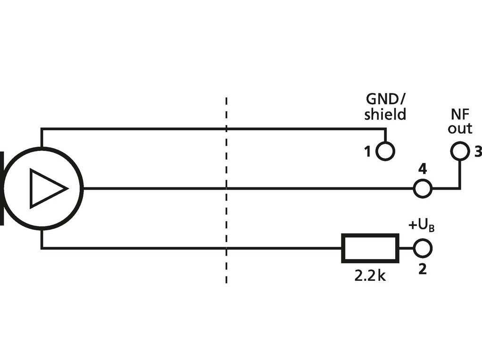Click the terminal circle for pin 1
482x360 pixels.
click(x=385, y=151)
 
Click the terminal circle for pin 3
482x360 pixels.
click(x=459, y=151)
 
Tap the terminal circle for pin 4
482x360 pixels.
click(x=422, y=188)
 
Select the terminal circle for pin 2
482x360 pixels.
click(x=422, y=248)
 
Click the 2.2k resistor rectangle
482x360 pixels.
click(x=370, y=248)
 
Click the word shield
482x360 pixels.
click(x=385, y=114)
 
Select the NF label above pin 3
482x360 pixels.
click(x=459, y=114)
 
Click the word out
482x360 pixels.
click(x=460, y=128)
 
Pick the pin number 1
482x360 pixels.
click(x=367, y=152)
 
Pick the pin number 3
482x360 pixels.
click(x=477, y=152)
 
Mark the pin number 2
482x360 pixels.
click(x=423, y=269)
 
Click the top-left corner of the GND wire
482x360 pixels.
click(x=42, y=129)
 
